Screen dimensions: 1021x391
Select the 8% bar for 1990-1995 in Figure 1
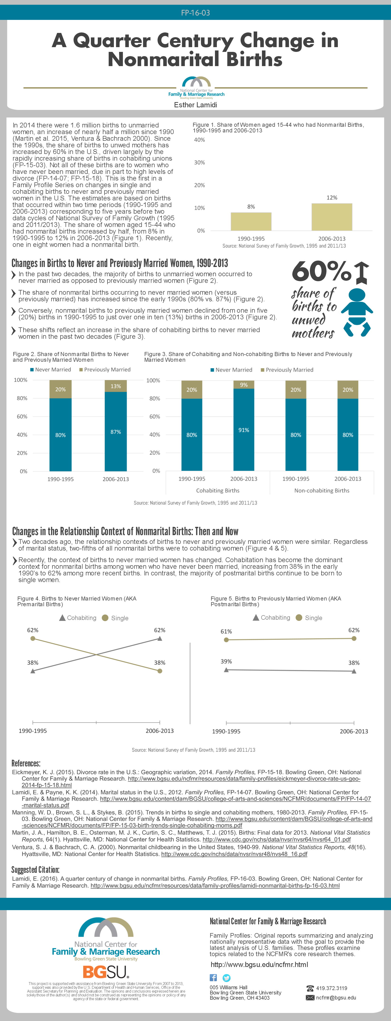[x=251, y=221]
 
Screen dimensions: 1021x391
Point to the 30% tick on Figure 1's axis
[x=199, y=163]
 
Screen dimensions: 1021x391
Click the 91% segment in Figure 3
[x=244, y=430]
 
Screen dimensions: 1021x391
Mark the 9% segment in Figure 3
[x=244, y=384]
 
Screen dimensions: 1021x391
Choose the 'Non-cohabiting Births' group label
[x=321, y=490]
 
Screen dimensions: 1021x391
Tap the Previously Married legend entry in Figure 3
[x=287, y=370]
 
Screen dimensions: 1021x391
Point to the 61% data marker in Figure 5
[x=226, y=640]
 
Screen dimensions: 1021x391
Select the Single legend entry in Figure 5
[x=309, y=618]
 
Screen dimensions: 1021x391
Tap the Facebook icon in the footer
[x=213, y=977]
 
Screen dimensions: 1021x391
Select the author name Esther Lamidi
[x=195, y=105]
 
